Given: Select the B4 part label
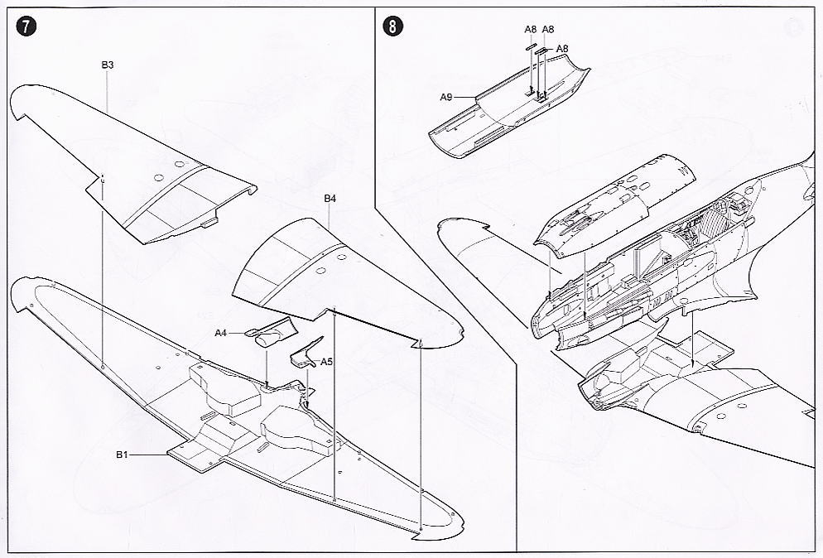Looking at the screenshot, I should [x=330, y=199].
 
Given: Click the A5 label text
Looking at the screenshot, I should [x=326, y=362].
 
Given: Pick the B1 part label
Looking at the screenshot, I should [x=122, y=454].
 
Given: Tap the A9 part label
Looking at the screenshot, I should [x=445, y=97].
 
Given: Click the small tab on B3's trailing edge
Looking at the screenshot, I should [x=209, y=222].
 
